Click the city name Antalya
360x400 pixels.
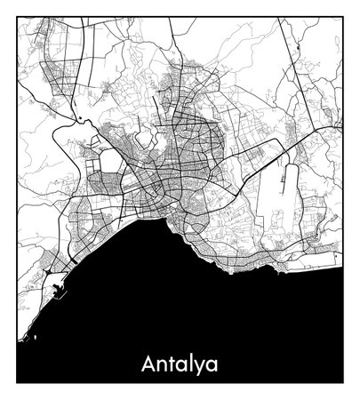tap(179, 364)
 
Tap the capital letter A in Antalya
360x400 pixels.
tap(148, 364)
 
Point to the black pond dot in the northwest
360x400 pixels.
tap(81, 119)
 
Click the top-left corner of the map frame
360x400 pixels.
tap(17, 17)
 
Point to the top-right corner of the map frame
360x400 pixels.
tap(343, 17)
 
